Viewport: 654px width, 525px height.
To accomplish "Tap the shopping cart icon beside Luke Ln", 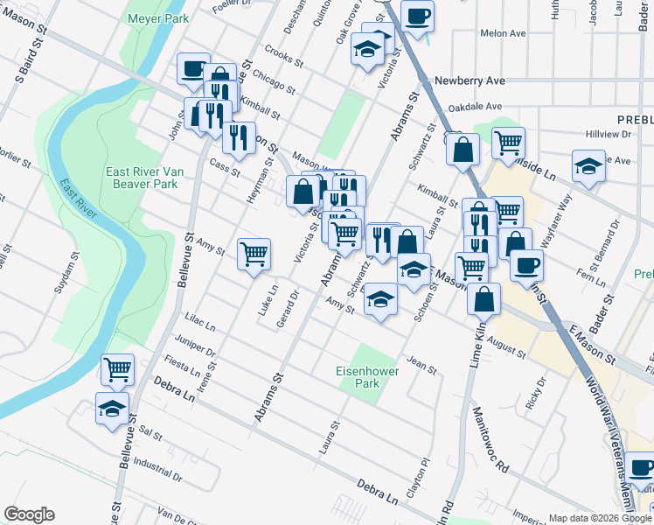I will point(254,254).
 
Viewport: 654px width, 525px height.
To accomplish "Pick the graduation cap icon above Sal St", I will point(113,407).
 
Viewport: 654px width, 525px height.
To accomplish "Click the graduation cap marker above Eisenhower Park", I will point(379,299).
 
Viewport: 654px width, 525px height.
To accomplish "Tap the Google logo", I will point(29,514).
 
